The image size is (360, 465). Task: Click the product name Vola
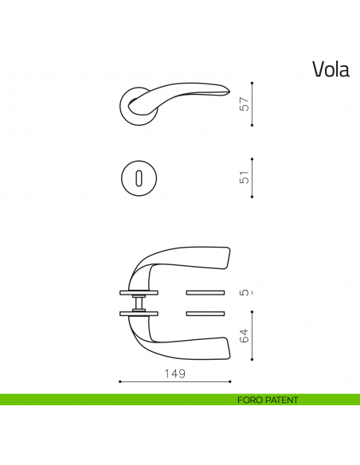pos(331,69)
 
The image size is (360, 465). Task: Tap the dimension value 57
pos(245,104)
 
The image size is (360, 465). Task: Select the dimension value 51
pos(245,177)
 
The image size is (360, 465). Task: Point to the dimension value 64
pos(245,337)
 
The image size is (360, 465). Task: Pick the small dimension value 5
pos(245,293)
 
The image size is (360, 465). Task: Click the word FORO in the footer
pos(250,400)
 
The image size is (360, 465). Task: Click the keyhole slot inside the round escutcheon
pos(139,177)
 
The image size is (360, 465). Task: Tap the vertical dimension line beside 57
pos(252,104)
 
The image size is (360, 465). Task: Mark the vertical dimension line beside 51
pos(252,177)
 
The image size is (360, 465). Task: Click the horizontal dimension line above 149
pos(175,382)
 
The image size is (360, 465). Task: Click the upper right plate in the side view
pos(206,291)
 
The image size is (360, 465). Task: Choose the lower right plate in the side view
pos(206,313)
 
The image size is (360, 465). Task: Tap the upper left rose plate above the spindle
pos(139,291)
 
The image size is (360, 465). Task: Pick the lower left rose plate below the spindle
pos(139,313)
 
